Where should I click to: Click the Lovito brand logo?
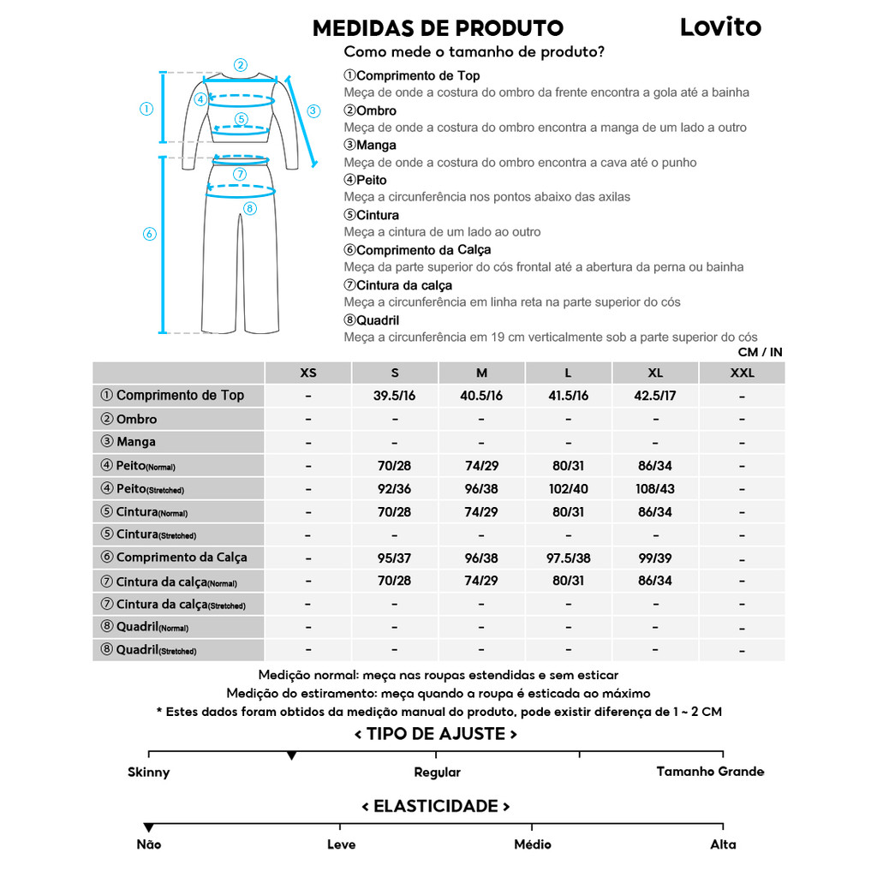(720, 27)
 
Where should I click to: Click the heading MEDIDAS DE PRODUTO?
(438, 28)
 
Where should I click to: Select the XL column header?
(655, 373)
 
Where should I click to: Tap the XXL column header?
(742, 373)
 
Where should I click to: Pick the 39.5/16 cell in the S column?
(395, 396)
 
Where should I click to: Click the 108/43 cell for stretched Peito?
(655, 489)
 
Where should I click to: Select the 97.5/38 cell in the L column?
(568, 558)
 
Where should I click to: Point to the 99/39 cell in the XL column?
(655, 558)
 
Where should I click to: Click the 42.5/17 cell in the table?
(655, 396)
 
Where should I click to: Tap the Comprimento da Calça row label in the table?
(181, 558)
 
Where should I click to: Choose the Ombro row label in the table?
(136, 419)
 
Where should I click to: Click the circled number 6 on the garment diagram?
(150, 234)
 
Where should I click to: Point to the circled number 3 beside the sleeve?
(313, 110)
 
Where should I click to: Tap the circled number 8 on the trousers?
(250, 208)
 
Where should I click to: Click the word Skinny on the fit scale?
(149, 773)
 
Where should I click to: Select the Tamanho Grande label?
(710, 772)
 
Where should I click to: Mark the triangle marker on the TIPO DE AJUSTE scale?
(292, 755)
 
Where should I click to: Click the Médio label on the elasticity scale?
(532, 844)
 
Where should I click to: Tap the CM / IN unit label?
(760, 352)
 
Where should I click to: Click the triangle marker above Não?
(149, 827)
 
